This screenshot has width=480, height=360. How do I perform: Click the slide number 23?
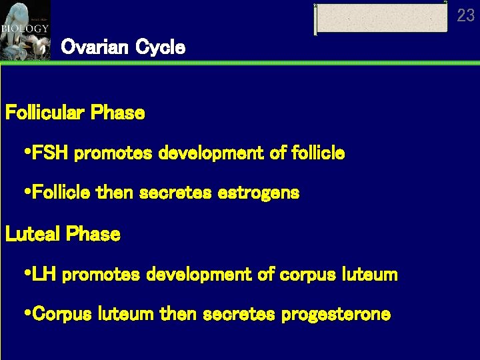click(x=465, y=15)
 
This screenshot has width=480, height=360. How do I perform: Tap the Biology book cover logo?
click(x=25, y=29)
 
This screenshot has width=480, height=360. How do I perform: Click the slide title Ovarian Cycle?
click(x=123, y=47)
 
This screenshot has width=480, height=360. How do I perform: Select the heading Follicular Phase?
click(x=75, y=113)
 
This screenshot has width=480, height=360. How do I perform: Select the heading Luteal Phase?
click(x=63, y=234)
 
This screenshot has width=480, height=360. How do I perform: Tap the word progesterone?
click(x=335, y=314)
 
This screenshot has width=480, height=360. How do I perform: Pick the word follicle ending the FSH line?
click(x=318, y=153)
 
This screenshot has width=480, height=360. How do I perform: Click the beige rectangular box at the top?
click(x=381, y=18)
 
